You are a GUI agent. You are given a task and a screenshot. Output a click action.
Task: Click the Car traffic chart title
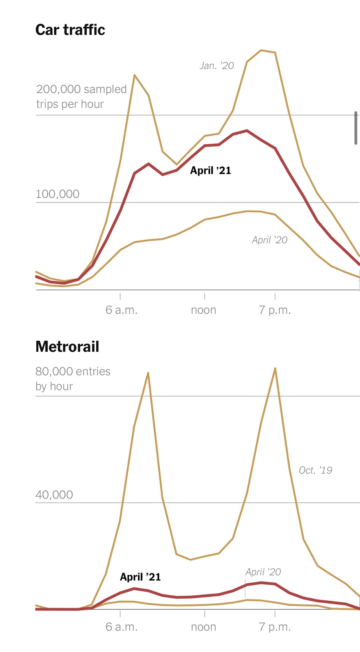(x=70, y=30)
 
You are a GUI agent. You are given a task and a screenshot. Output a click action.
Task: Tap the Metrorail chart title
(x=67, y=347)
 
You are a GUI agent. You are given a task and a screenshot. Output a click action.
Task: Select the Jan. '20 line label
(x=216, y=66)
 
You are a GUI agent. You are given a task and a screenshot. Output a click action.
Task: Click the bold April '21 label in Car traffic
(x=210, y=171)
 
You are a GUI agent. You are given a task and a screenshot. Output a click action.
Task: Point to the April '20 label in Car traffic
(x=269, y=240)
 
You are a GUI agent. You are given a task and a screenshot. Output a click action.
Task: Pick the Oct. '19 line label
(x=315, y=470)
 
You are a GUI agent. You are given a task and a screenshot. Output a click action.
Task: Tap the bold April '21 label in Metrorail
(x=140, y=577)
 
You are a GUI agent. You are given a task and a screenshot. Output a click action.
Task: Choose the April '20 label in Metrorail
(x=263, y=572)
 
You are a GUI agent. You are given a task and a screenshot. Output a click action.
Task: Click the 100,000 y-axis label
(x=57, y=194)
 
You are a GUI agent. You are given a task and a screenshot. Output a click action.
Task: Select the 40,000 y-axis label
(x=54, y=495)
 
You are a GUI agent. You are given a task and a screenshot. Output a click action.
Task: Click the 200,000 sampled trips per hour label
(x=81, y=97)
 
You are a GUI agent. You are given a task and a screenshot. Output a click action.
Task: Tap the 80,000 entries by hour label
(x=73, y=379)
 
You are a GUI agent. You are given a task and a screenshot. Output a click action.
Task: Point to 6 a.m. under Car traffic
(x=121, y=310)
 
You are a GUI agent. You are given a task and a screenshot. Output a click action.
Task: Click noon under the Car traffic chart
(x=203, y=310)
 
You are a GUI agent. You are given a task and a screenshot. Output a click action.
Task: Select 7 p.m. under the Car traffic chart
(x=275, y=310)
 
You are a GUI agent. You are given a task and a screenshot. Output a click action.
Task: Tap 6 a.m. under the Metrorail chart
(x=121, y=627)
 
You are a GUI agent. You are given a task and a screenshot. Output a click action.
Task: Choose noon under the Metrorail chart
(x=203, y=627)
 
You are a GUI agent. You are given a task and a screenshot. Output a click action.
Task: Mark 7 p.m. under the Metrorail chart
(x=275, y=627)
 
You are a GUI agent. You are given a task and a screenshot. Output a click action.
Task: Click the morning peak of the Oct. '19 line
(x=148, y=372)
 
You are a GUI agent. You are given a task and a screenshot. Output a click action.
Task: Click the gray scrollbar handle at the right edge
(x=356, y=128)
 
